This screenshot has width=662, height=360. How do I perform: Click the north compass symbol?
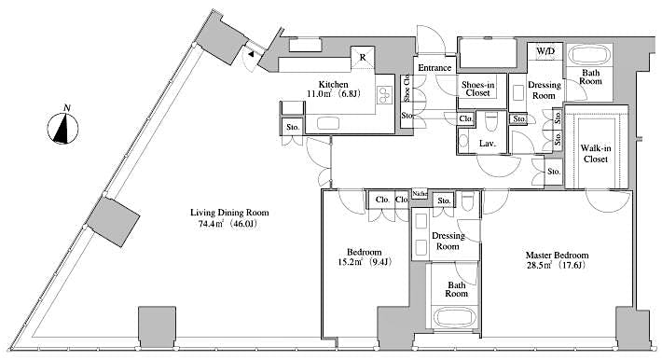pyautogui.click(x=63, y=129)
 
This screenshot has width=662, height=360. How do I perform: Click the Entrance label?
pyautogui.click(x=434, y=68)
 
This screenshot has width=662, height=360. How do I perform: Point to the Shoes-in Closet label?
pyautogui.click(x=478, y=90)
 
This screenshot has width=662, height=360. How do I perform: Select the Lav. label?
pyautogui.click(x=487, y=143)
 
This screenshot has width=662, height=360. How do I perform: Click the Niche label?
pyautogui.click(x=420, y=193)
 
